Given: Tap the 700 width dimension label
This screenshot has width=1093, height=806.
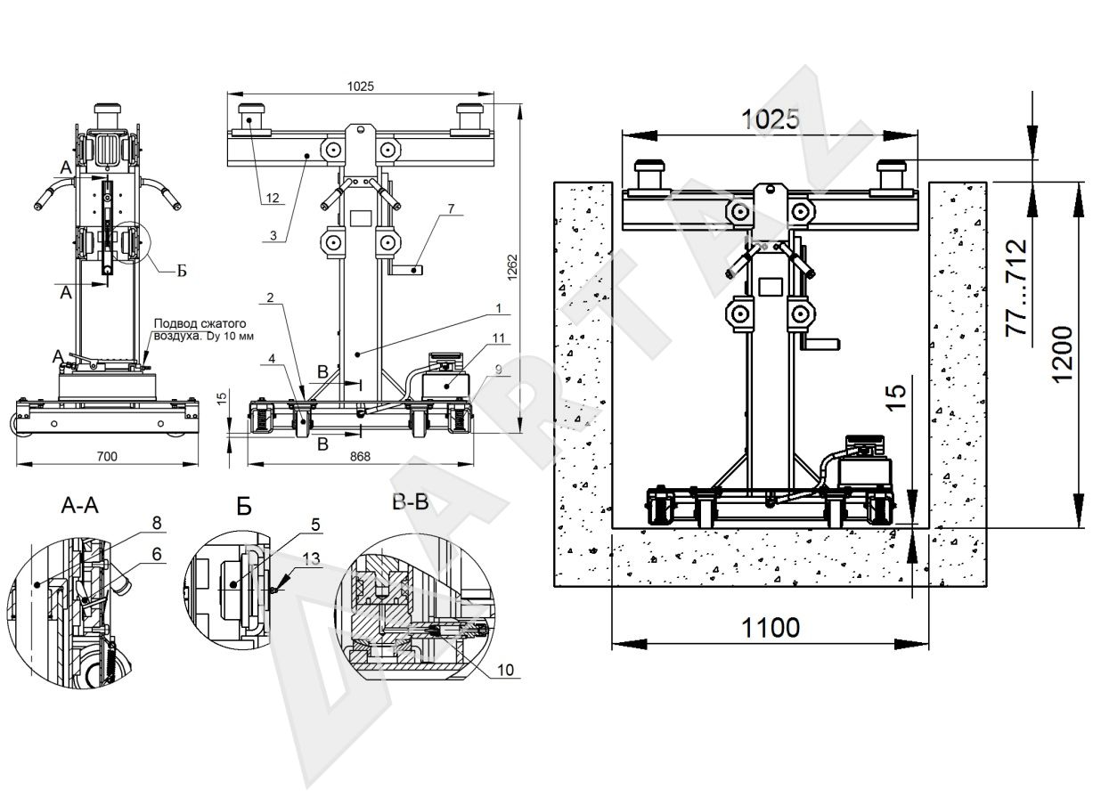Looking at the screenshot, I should tap(108, 457).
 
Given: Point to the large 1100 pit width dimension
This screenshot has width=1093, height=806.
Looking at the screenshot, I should tap(770, 628).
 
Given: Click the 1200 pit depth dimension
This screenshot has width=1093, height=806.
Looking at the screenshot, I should tap(1064, 353).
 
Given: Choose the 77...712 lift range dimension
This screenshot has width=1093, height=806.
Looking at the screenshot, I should tap(1016, 288).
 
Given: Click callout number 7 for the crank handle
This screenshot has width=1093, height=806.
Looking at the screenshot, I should tap(451, 208).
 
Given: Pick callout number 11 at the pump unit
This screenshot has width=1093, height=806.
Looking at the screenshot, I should tap(498, 338).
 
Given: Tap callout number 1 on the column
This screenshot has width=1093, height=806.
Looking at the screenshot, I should tap(502, 308).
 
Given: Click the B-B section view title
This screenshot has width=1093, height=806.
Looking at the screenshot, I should tap(410, 502).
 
